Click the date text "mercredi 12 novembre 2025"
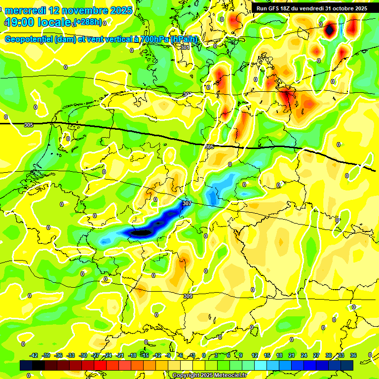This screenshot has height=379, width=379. pos(69,10)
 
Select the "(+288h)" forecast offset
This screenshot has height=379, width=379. pos(87,22)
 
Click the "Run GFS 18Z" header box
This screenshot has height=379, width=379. pos(311,8)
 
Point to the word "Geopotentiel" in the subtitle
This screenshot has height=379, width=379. pos(30,39)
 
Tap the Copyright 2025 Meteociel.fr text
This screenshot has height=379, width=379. pos(210,376)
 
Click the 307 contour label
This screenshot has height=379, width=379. pos(187,203)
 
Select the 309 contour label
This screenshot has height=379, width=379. pos(188,296)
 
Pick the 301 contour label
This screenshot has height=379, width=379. pos(185,47)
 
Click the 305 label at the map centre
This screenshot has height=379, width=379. pos(209,147)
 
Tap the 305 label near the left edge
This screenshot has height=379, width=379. pos(29,125)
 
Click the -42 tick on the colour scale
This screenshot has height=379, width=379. pos(34,355)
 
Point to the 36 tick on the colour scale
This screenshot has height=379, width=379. pos(353,355)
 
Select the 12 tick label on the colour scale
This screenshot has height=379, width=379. pos(254,355)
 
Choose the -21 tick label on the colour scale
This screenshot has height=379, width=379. pos(120,355)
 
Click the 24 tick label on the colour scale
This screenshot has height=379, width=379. pos(303,355)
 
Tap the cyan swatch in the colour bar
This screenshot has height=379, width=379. pos(261,365)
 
